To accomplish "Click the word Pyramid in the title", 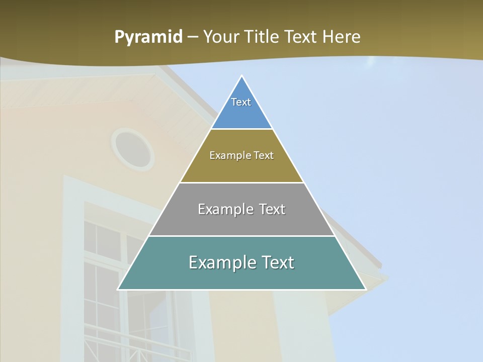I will coord(148,37).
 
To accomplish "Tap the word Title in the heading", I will coord(262,37).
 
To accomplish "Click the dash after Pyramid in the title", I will coord(193,37).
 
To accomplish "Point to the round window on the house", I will coord(133,149).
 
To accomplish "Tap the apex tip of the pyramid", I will coord(242,77).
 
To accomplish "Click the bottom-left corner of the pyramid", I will coord(119,289).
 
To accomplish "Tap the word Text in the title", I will coord(301,37).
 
